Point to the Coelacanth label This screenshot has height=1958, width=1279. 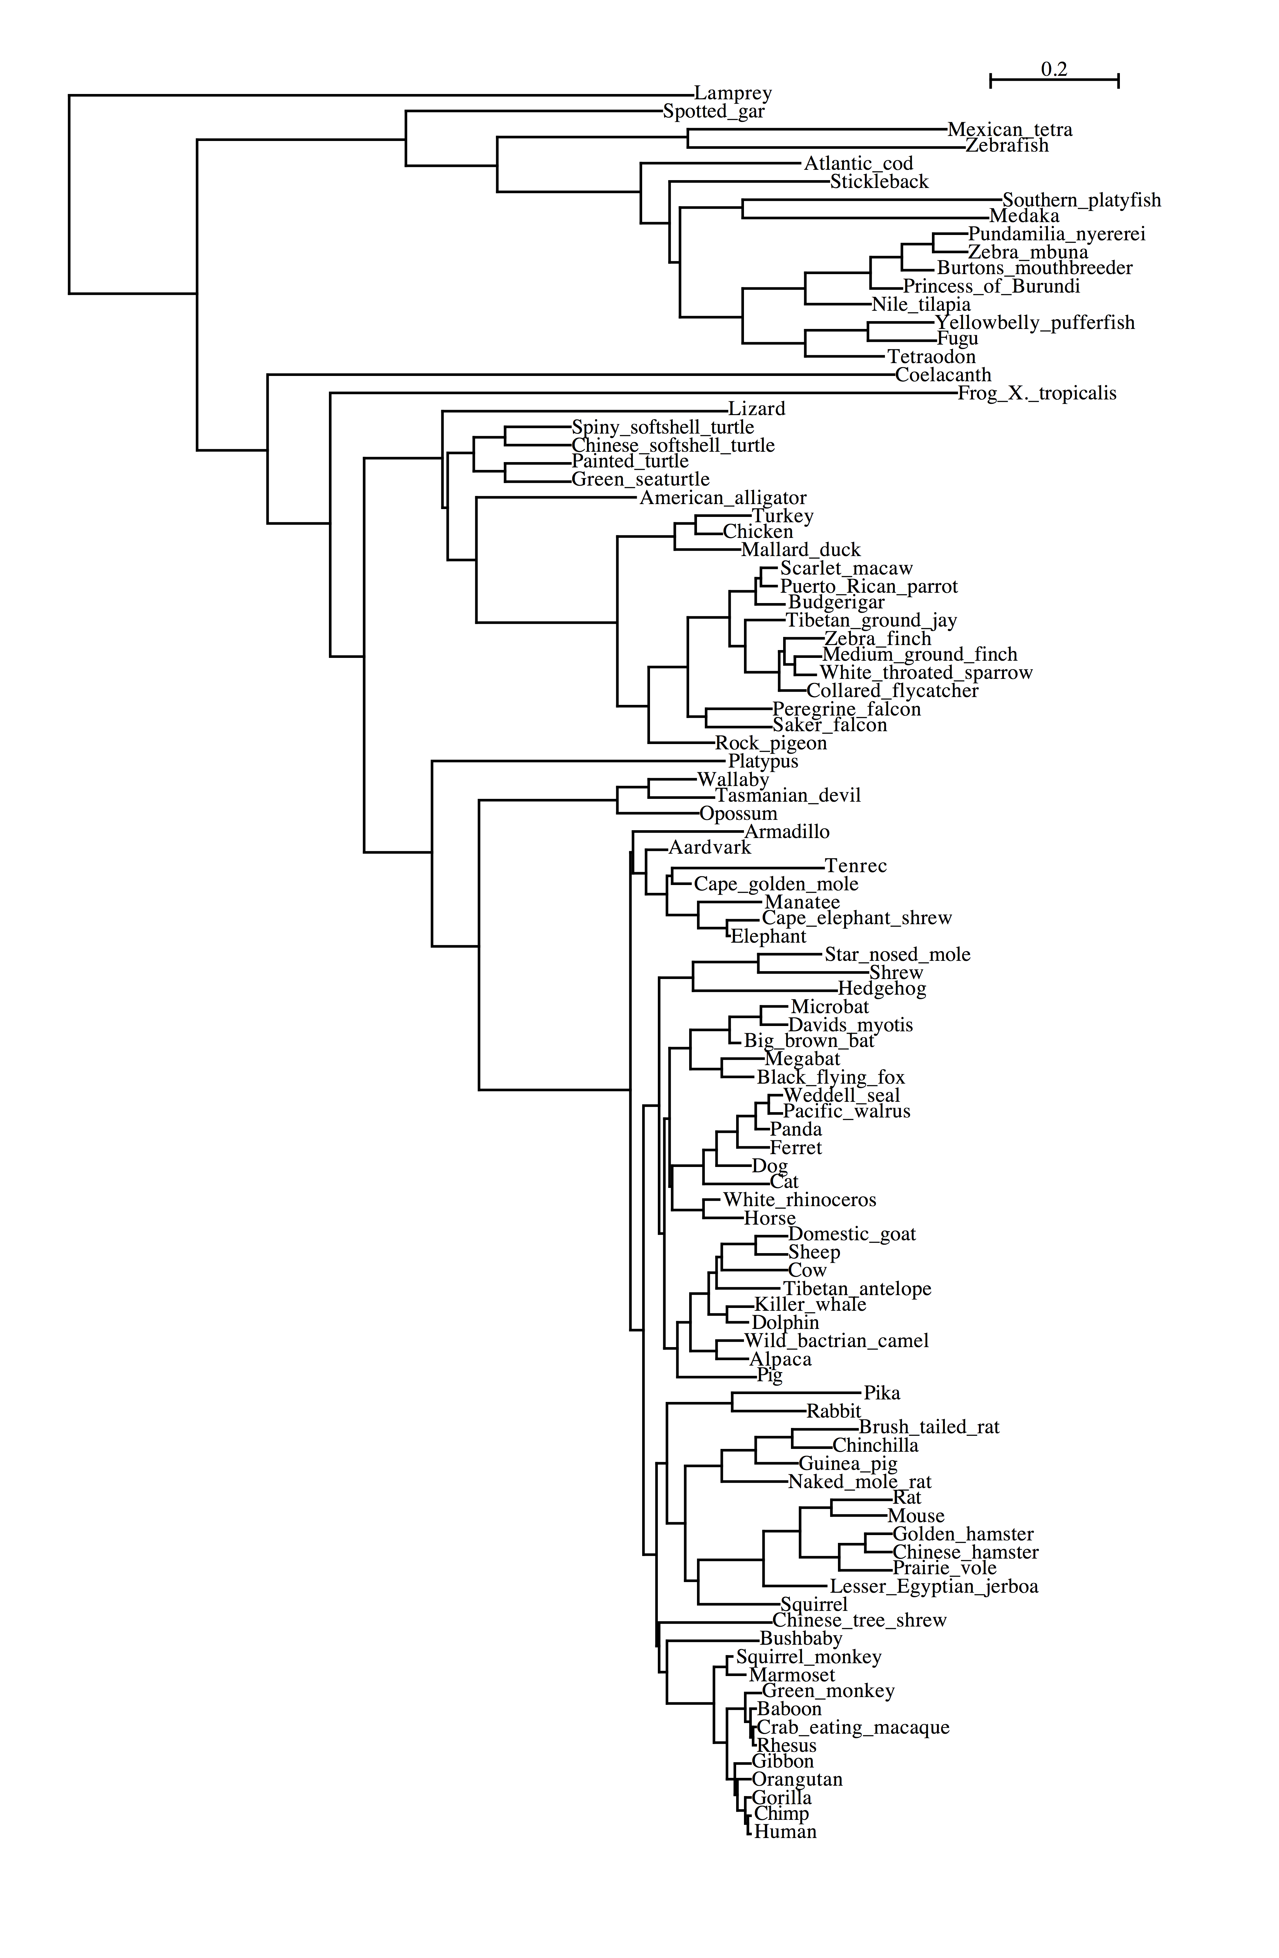click(944, 375)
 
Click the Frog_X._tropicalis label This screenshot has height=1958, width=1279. click(1037, 393)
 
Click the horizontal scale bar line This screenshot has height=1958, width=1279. click(1054, 80)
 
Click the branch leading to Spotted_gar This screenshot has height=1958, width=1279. click(534, 111)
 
